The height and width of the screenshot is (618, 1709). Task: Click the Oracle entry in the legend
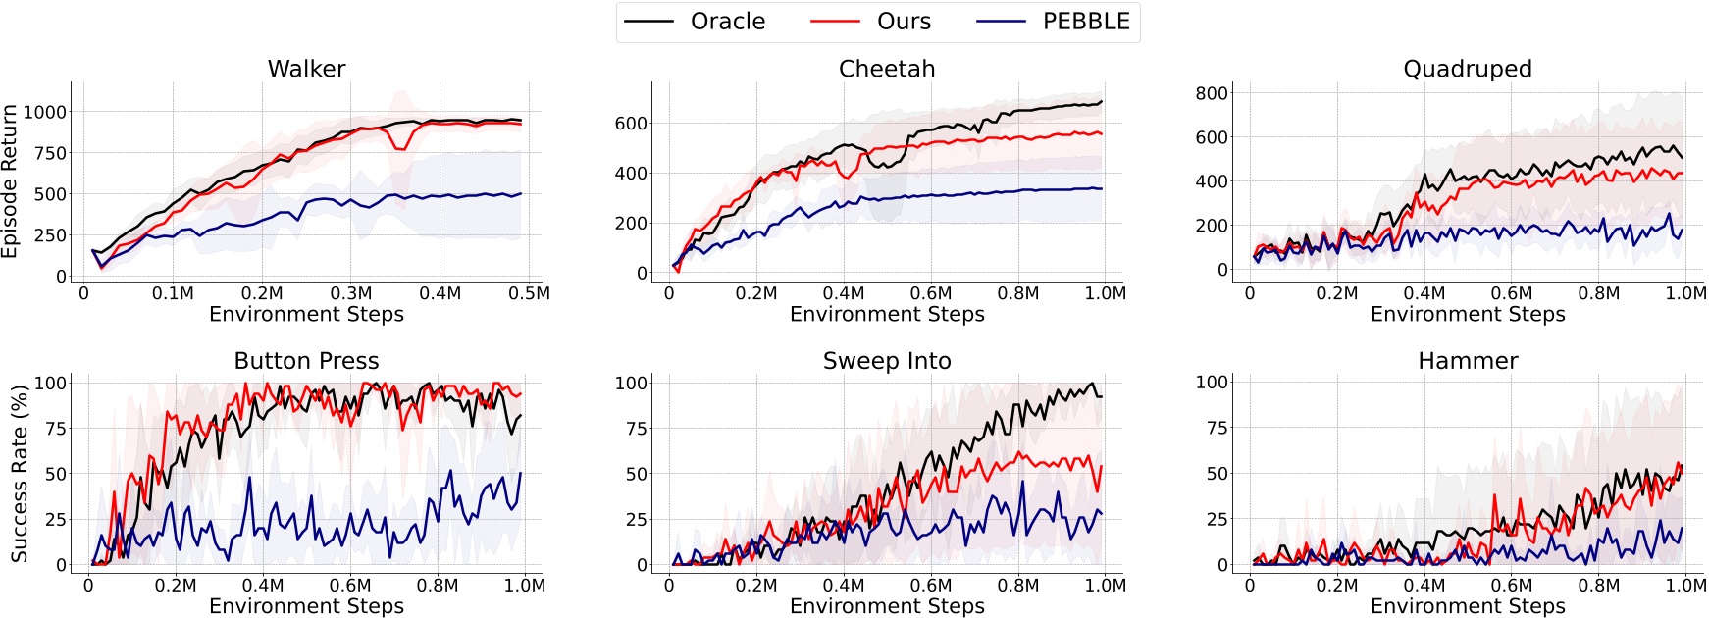(x=727, y=22)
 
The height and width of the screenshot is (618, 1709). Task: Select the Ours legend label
(x=903, y=22)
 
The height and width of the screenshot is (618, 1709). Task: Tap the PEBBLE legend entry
(x=1085, y=22)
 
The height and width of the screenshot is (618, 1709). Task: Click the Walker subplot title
(x=306, y=69)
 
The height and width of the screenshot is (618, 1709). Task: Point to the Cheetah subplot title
(x=887, y=69)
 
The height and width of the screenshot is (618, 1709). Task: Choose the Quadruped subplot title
(x=1467, y=69)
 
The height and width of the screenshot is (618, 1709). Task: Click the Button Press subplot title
(x=306, y=361)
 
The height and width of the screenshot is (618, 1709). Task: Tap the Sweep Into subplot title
(x=887, y=361)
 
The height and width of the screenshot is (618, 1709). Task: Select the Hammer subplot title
(x=1467, y=361)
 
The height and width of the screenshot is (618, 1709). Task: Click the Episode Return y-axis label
(x=11, y=181)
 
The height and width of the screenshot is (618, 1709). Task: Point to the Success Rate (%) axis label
(x=19, y=474)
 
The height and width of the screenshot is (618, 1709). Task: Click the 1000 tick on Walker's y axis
(x=45, y=112)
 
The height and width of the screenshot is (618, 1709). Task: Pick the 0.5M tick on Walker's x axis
(x=529, y=293)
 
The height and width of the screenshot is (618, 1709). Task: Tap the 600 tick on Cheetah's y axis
(x=631, y=124)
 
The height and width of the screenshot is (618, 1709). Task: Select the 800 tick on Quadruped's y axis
(x=1212, y=93)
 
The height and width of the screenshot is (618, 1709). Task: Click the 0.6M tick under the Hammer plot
(x=1511, y=586)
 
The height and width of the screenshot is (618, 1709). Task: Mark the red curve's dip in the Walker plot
(x=399, y=148)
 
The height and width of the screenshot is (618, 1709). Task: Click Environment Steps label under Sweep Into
(x=887, y=606)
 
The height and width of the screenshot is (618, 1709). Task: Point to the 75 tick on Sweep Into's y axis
(x=637, y=428)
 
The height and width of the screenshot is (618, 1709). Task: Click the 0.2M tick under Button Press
(x=176, y=586)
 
